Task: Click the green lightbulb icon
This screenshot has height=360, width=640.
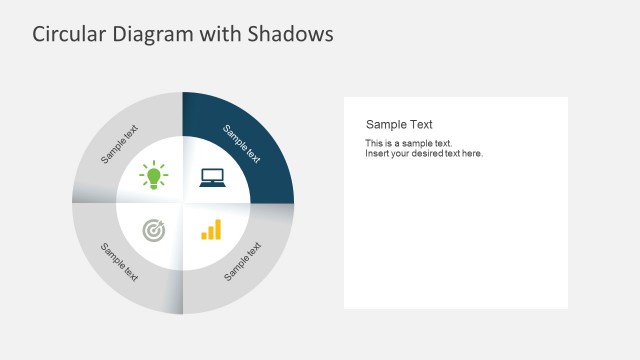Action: point(154,176)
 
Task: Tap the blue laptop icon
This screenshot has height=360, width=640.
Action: point(212,177)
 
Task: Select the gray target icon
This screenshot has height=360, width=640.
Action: point(154,231)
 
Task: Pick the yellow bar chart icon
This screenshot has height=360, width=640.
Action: point(211,230)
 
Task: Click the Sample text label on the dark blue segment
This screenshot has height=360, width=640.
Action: point(242,144)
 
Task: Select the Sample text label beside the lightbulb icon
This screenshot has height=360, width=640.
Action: point(121,144)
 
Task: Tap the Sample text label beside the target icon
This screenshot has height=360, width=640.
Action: point(120,261)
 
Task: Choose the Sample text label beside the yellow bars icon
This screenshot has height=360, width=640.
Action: point(243,260)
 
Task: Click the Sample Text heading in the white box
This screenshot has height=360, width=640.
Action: point(399,125)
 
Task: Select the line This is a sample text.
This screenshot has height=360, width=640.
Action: point(408,144)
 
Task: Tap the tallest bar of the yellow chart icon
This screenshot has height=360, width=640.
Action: point(218,229)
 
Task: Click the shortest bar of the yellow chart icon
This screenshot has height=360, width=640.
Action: point(204,236)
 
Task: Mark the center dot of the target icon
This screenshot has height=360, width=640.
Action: point(154,231)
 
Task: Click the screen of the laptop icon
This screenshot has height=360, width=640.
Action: point(212,175)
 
